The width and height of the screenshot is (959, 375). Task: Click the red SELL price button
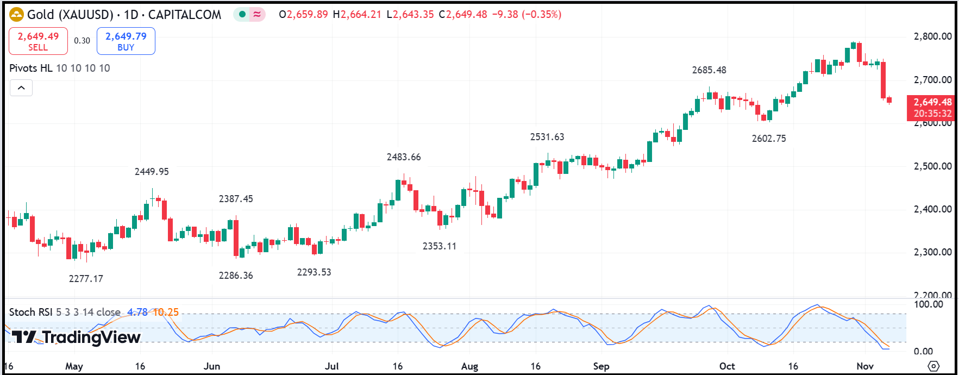38,41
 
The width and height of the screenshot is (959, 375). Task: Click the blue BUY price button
126,41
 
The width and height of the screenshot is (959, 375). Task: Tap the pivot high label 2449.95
152,172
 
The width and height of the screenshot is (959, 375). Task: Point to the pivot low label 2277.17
86,279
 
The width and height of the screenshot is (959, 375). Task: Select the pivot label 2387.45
236,199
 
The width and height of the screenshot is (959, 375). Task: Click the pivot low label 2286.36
236,276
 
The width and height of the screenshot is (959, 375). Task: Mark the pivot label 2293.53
314,272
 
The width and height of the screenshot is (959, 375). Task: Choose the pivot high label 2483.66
404,157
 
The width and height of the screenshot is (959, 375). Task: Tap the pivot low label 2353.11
440,246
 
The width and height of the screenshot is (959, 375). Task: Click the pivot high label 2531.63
547,137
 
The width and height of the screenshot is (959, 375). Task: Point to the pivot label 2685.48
709,70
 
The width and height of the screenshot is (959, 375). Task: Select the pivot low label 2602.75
769,139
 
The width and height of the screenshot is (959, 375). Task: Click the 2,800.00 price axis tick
932,36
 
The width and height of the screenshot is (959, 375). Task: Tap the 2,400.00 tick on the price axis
932,209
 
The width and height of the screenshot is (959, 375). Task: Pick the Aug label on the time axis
469,366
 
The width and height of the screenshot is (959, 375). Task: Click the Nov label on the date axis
865,366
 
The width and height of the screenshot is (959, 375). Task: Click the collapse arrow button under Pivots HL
21,87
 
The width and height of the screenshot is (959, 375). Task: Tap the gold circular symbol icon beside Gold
17,15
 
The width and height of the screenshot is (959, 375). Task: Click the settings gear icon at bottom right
933,366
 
